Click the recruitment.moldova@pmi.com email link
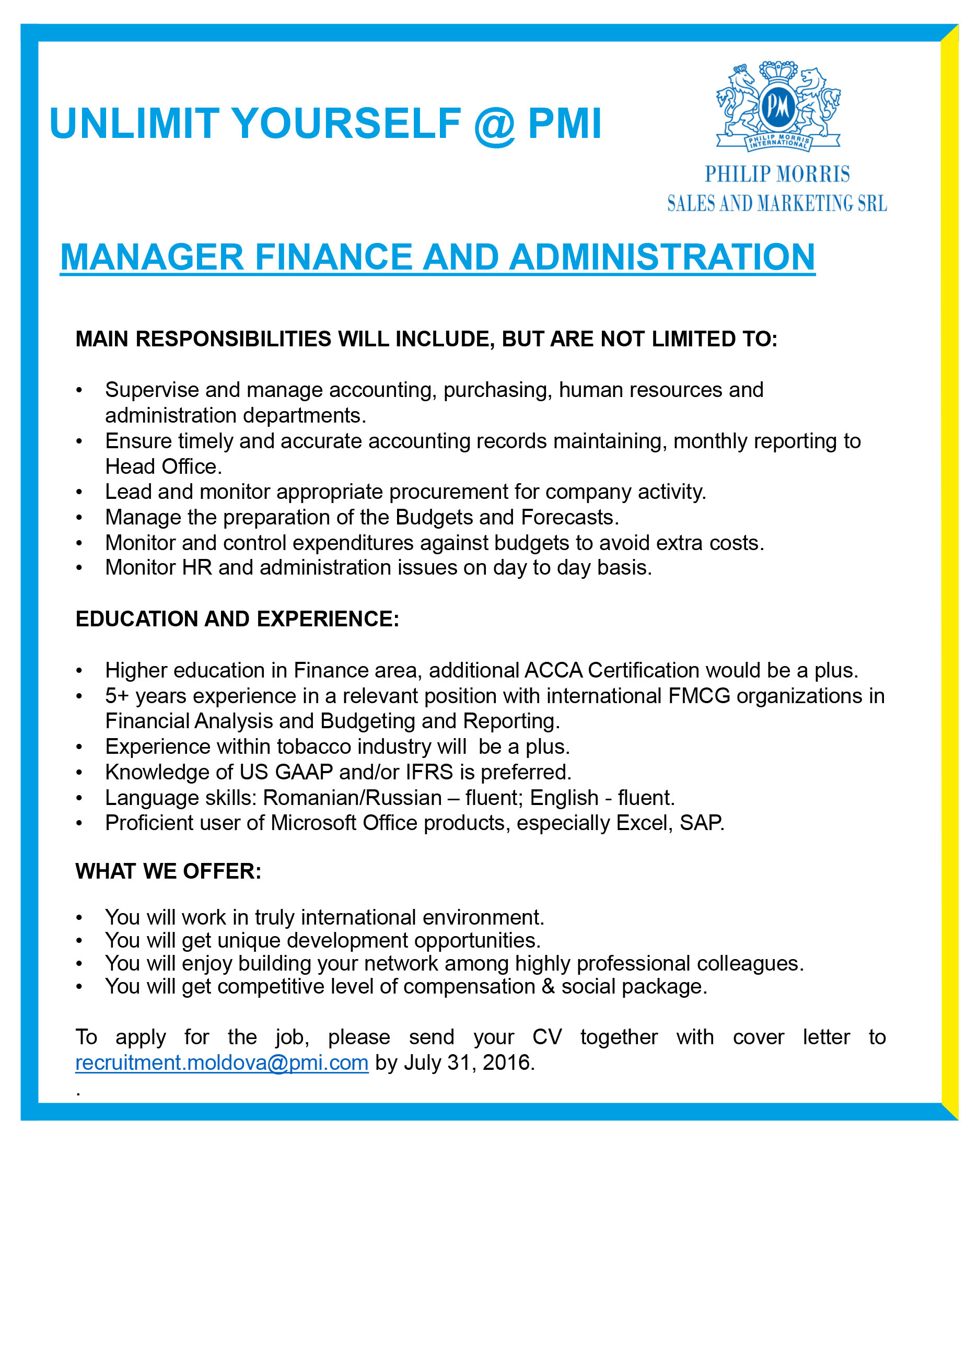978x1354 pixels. pos(222,1063)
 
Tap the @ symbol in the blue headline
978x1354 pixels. pos(494,125)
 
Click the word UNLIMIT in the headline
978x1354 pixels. pos(134,124)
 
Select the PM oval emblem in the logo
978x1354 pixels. pos(778,106)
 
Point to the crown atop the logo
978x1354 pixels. pos(778,72)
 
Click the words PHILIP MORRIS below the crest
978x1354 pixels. pos(777,174)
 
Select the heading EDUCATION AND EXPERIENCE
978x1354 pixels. pos(237,619)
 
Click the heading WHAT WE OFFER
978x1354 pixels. pos(168,872)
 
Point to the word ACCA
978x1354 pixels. pos(553,670)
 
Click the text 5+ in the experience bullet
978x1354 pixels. pos(117,696)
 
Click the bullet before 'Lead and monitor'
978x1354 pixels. pos(79,493)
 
